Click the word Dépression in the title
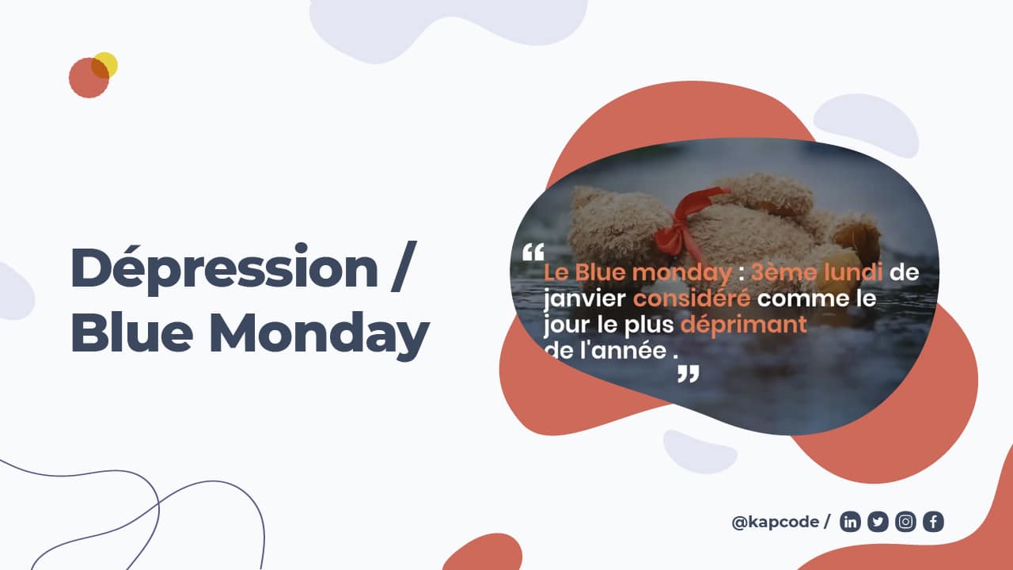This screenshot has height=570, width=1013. [x=224, y=268]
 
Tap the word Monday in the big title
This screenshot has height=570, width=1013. [x=319, y=335]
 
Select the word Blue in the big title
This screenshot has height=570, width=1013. [x=132, y=332]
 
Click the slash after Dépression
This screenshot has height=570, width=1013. [x=404, y=267]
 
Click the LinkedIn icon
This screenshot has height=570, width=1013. [x=850, y=522]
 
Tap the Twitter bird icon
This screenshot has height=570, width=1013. [x=878, y=522]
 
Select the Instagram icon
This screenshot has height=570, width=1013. [x=905, y=522]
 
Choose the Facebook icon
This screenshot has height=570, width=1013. [x=933, y=522]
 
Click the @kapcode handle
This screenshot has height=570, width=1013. [x=775, y=522]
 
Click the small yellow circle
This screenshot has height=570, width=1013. [x=105, y=65]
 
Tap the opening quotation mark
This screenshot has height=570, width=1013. [x=533, y=253]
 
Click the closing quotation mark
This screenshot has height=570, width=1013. [x=689, y=374]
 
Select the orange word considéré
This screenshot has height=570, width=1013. [x=692, y=298]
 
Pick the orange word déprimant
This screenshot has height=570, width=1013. [x=744, y=325]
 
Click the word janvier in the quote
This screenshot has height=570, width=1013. [x=585, y=299]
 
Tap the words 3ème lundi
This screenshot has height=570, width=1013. [x=817, y=272]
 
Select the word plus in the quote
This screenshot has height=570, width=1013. [x=649, y=325]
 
